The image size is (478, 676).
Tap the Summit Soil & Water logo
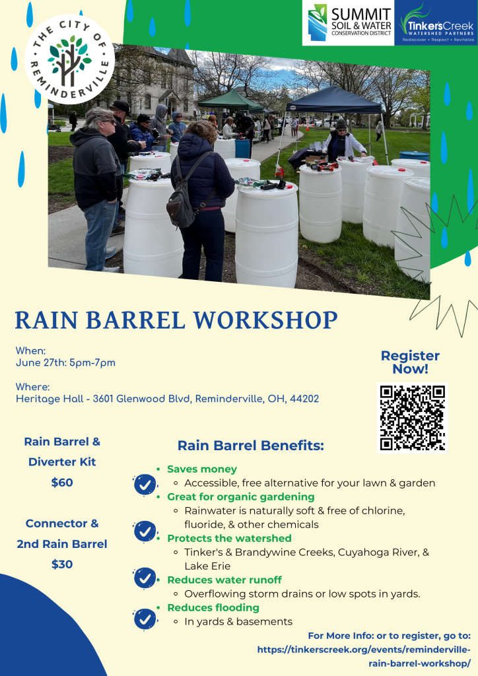348,23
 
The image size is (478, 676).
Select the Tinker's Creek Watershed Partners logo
435,23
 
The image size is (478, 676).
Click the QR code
412,417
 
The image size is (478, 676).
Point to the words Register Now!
410,362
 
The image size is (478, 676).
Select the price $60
62,483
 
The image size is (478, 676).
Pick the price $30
62,564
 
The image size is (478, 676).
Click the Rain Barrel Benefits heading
250,446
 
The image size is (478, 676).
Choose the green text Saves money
201,469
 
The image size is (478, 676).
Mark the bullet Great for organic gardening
240,496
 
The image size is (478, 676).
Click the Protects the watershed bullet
228,538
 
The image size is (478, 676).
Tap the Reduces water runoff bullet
224,580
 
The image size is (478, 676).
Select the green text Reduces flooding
213,607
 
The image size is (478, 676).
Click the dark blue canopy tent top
337,100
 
